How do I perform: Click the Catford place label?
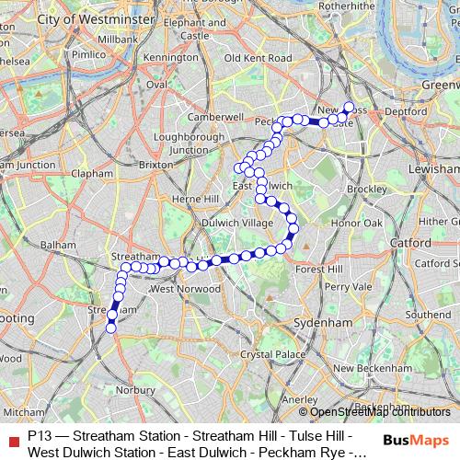[x=410, y=242]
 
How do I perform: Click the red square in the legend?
[x=12, y=439]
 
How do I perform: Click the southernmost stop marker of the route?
[x=111, y=327]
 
